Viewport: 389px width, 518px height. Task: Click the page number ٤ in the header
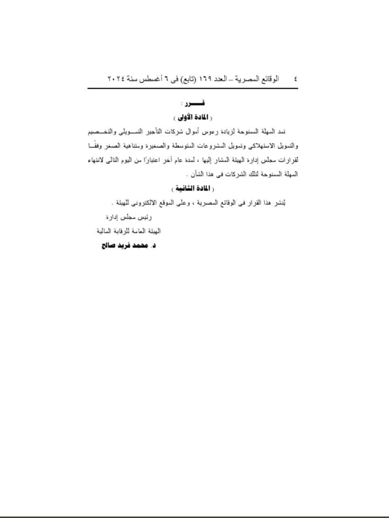pyautogui.click(x=295, y=79)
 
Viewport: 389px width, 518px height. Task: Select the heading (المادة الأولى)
pyautogui.click(x=193, y=117)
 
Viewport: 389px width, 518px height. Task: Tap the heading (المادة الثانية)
pyautogui.click(x=193, y=189)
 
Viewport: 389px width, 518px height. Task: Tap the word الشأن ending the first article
pyautogui.click(x=198, y=174)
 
